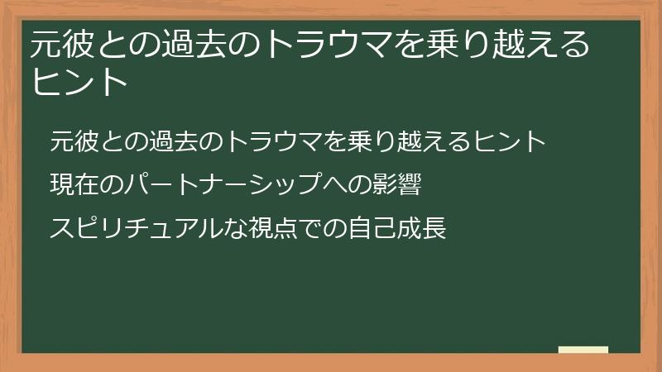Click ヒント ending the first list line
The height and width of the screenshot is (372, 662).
(x=511, y=142)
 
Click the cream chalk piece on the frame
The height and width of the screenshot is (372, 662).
(x=583, y=351)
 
